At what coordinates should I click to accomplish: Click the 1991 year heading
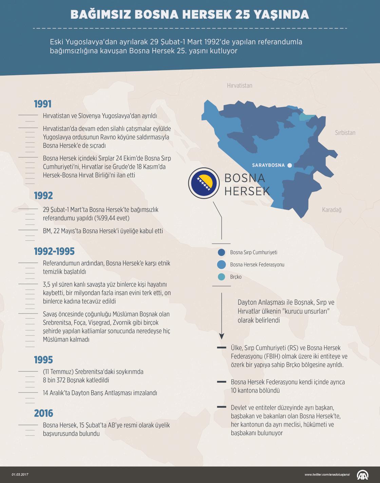(43, 104)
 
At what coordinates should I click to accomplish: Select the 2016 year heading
(43, 413)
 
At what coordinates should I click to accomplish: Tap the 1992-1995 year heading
(54, 251)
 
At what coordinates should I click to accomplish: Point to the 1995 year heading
(43, 360)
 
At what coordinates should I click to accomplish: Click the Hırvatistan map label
(240, 86)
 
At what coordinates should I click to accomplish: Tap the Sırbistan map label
(345, 133)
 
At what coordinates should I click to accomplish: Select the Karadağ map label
(331, 210)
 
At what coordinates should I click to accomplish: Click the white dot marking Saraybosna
(289, 165)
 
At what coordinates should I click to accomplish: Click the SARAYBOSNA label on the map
(268, 165)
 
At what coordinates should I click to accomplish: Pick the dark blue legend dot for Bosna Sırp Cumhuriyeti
(222, 253)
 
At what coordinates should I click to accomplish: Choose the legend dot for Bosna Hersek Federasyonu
(222, 265)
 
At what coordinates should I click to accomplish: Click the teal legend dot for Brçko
(222, 277)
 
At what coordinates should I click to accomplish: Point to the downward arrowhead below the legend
(222, 336)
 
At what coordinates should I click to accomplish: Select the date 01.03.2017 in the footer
(20, 475)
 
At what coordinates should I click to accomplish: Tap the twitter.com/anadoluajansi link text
(327, 475)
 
